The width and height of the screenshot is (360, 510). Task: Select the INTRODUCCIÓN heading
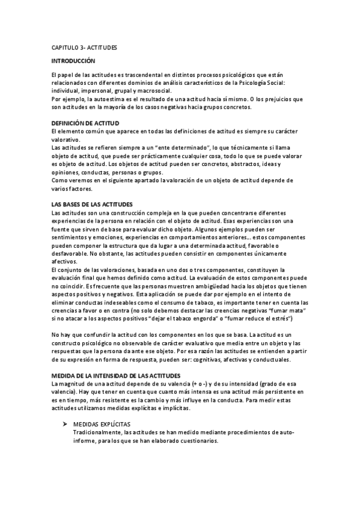(73, 61)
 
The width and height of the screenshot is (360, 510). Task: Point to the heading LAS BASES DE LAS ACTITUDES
(93, 204)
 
